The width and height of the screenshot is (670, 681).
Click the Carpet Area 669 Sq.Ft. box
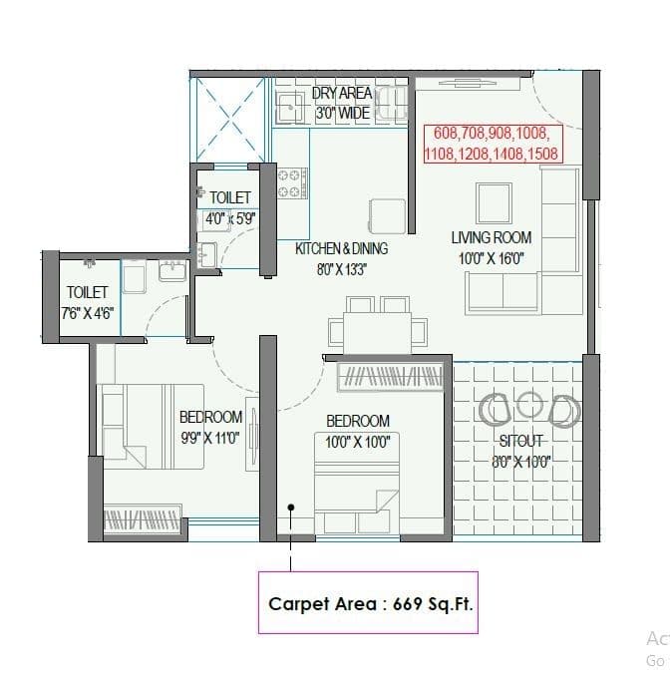click(368, 602)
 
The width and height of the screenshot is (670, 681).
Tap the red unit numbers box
click(493, 144)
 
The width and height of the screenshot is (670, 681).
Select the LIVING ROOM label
click(492, 237)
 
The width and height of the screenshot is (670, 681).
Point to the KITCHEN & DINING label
click(341, 248)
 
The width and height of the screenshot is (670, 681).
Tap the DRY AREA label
click(342, 94)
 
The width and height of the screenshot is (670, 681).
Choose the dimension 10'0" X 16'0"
click(491, 258)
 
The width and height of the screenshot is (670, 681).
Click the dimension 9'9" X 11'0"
click(210, 437)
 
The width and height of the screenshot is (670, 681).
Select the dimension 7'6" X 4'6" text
click(87, 312)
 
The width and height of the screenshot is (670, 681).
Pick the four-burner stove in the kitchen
click(292, 182)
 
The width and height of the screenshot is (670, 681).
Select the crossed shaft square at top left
click(230, 122)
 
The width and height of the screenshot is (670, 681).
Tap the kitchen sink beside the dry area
click(291, 105)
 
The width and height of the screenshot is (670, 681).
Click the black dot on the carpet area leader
click(291, 507)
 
